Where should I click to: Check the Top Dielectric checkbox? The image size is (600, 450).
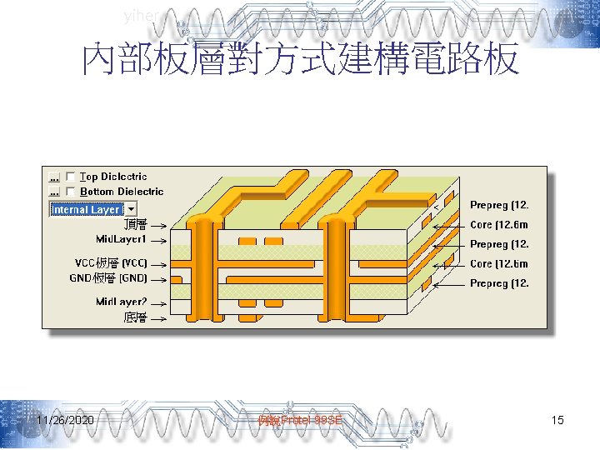[x=71, y=177]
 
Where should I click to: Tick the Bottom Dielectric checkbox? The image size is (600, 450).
[x=71, y=192]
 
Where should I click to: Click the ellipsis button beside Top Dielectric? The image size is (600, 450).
[x=55, y=177]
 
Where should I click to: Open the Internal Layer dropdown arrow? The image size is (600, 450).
[x=132, y=209]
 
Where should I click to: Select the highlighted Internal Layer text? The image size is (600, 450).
[x=87, y=209]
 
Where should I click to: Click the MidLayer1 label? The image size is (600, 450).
[x=121, y=239]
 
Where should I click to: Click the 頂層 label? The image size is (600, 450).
[x=135, y=224]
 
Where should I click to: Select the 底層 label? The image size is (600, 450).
[x=135, y=317]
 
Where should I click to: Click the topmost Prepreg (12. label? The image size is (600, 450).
[x=499, y=205]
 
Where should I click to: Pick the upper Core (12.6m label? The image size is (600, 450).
[x=498, y=225]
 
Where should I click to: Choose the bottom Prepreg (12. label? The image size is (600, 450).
[x=499, y=283]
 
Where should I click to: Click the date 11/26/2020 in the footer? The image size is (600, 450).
[x=65, y=420]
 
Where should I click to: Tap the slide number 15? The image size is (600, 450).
[x=557, y=420]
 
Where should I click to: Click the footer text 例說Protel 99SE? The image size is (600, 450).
[x=300, y=420]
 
